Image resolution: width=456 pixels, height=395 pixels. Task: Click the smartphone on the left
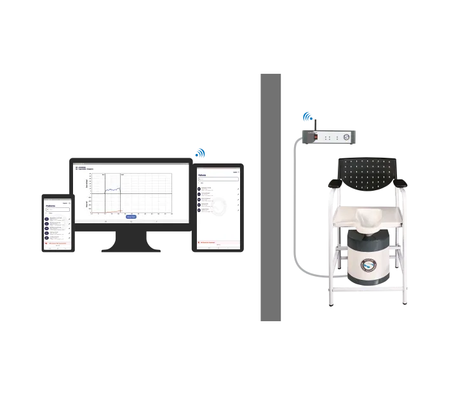(58, 224)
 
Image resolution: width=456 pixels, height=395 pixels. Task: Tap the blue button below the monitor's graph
(131, 216)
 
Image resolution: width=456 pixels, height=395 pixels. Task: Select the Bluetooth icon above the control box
(308, 117)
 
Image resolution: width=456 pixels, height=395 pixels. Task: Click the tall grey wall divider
(272, 197)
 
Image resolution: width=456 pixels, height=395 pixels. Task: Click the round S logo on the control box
(347, 135)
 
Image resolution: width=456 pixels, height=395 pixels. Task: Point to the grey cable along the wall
(291, 210)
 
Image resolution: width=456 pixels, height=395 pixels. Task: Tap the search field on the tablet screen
(217, 179)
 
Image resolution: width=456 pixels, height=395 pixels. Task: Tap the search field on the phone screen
(57, 211)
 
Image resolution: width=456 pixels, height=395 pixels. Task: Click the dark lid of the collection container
(370, 242)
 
